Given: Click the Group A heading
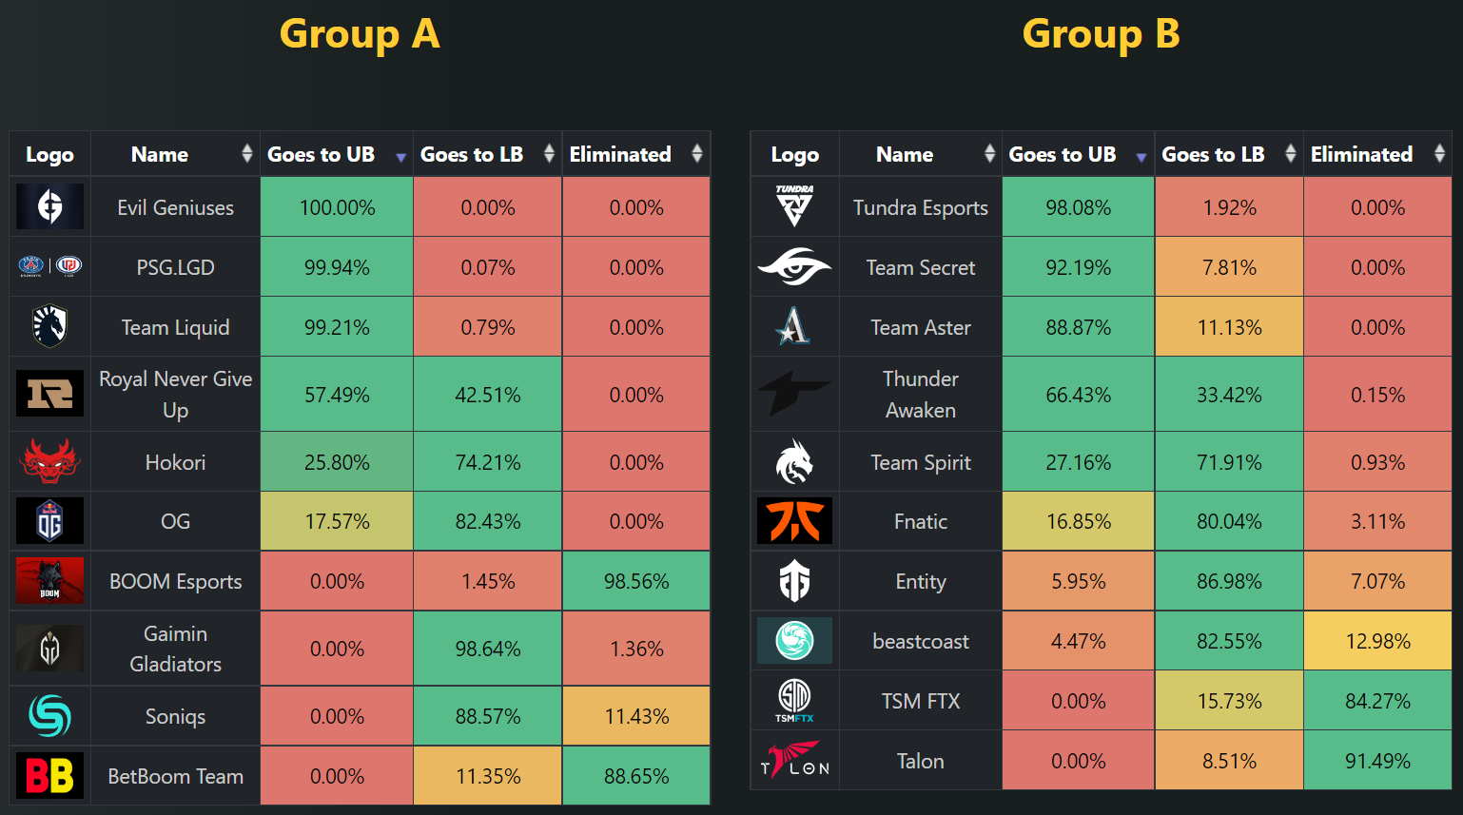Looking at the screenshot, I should [x=360, y=34].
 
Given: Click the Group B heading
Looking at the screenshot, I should [x=1101, y=34].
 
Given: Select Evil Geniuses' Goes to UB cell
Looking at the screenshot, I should [x=337, y=207].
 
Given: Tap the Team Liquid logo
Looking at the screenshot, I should [x=49, y=327].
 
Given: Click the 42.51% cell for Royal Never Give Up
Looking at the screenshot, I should [x=488, y=395].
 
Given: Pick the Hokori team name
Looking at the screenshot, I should [x=175, y=462].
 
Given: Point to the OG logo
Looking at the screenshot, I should [x=49, y=521].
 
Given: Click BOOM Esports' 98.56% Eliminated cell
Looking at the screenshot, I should [x=636, y=581].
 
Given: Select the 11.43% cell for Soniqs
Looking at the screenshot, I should [x=636, y=716].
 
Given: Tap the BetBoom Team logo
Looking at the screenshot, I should [x=49, y=776].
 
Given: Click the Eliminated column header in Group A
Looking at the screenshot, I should [x=620, y=154].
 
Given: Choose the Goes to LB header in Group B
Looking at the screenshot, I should [x=1213, y=154].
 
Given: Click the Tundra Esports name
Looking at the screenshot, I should [x=920, y=207].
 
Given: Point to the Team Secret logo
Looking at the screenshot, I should [x=794, y=267].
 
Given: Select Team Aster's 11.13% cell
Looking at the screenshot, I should [x=1229, y=327].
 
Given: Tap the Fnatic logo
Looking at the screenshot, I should [x=794, y=521].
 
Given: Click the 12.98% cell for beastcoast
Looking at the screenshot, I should [x=1377, y=641].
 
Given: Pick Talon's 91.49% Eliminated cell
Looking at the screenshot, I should [x=1377, y=761].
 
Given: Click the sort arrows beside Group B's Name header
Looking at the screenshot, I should [x=989, y=154].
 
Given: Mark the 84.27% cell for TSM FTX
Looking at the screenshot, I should [x=1377, y=701].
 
